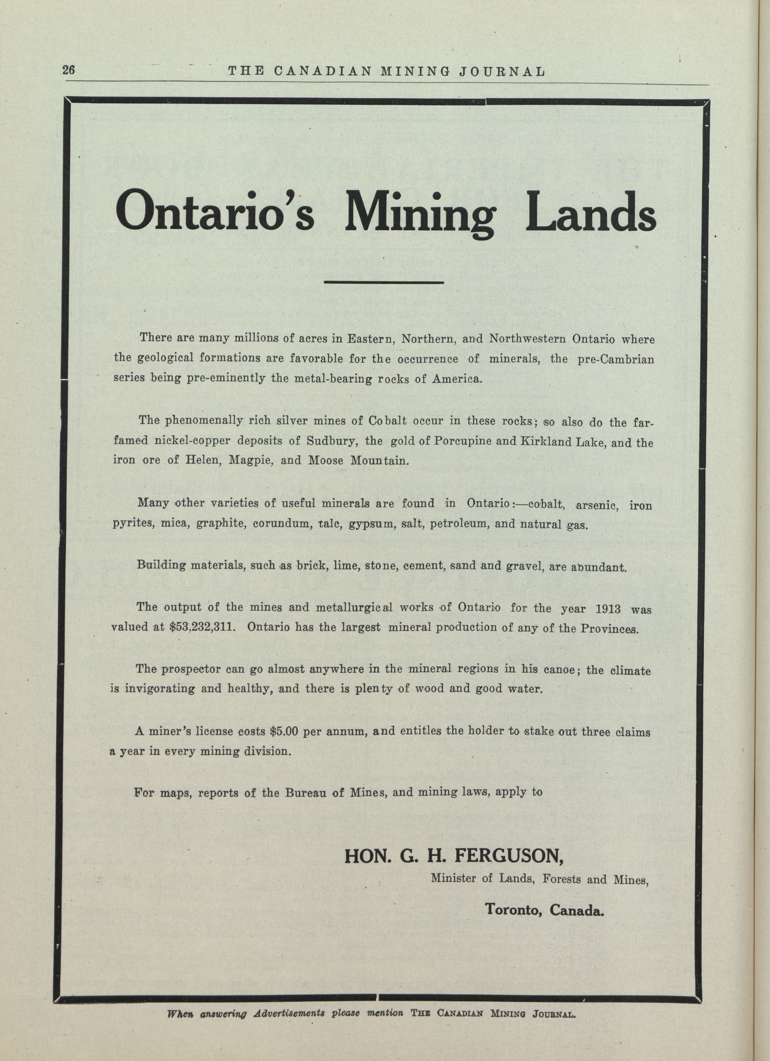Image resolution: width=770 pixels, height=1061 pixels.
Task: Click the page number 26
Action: click(x=68, y=71)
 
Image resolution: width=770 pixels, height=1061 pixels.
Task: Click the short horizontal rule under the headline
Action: click(x=384, y=282)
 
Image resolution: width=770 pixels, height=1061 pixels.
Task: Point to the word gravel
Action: click(x=524, y=567)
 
